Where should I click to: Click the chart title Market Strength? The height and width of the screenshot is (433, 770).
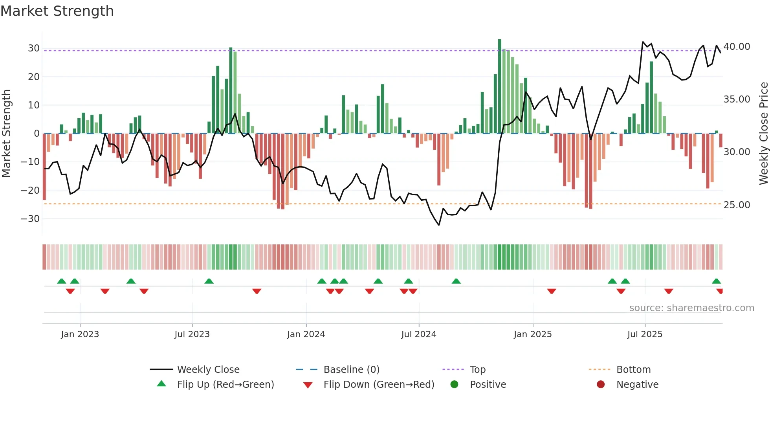click(x=57, y=11)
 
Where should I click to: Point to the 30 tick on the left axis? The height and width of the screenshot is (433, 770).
click(x=34, y=48)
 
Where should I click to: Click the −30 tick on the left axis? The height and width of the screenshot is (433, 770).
click(x=31, y=219)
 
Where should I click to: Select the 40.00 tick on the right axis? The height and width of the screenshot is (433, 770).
click(x=737, y=47)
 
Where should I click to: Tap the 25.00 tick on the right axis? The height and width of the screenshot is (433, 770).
click(x=737, y=205)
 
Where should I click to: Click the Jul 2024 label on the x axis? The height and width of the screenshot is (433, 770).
click(x=418, y=334)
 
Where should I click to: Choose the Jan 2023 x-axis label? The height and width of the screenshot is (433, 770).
click(x=80, y=334)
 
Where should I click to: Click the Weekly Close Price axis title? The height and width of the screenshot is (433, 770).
click(x=763, y=134)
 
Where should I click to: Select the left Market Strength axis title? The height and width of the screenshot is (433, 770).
click(x=6, y=134)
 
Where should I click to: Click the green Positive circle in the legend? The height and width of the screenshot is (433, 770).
click(x=454, y=385)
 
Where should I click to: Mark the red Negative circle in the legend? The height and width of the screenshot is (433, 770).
click(x=601, y=385)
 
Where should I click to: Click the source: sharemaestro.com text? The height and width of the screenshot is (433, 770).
click(x=691, y=308)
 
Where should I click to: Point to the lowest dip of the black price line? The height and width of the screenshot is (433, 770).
click(x=439, y=225)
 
